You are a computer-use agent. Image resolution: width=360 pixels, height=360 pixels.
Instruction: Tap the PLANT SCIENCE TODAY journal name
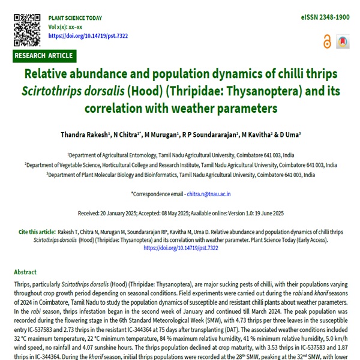(x=75, y=19)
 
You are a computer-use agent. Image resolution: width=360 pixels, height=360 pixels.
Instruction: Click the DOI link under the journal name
(x=88, y=36)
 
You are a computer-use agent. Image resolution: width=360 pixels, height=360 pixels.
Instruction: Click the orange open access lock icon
(x=327, y=41)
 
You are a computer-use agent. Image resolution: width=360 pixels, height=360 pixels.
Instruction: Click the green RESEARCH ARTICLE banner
(x=44, y=56)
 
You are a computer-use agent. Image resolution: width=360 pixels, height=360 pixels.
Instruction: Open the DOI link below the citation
(x=181, y=247)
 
